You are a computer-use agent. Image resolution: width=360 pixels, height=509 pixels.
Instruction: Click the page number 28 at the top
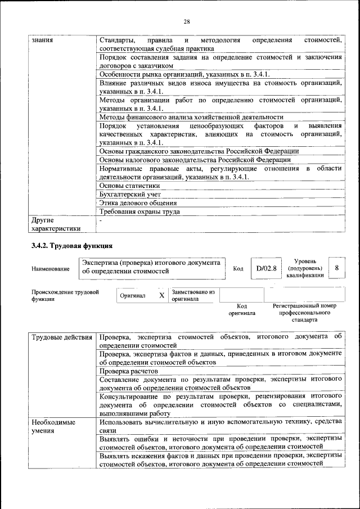187,21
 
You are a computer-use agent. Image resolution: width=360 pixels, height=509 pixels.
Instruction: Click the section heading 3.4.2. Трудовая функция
72,246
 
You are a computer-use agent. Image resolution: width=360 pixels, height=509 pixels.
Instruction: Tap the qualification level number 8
336,268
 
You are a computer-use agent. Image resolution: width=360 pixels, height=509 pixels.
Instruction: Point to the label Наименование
51,269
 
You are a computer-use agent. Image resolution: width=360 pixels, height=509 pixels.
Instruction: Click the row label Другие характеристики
56,224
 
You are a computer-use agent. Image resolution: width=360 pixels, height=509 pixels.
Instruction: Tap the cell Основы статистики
129,185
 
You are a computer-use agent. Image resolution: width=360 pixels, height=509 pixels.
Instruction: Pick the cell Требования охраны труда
139,212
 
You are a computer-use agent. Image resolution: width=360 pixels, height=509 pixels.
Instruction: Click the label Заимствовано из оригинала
193,296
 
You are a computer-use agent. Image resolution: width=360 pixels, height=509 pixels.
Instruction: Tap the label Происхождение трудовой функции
65,296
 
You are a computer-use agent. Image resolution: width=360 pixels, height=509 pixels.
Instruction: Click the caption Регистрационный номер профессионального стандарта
304,312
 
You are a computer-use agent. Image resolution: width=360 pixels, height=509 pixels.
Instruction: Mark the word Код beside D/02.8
238,269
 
